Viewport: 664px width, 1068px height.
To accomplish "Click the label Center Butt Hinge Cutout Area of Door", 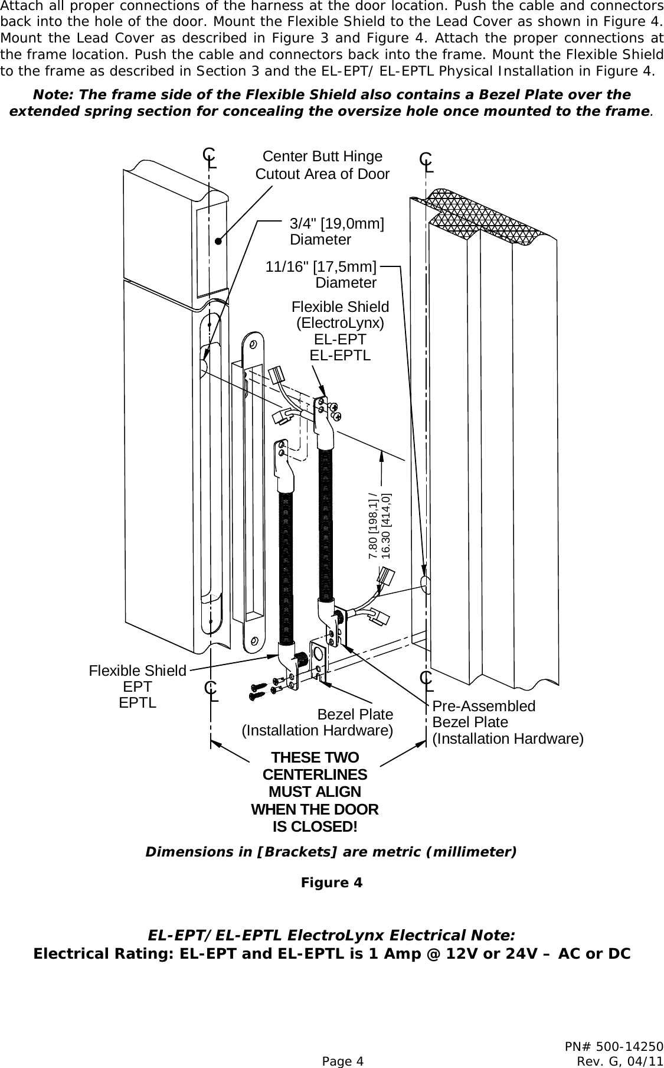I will point(322,165).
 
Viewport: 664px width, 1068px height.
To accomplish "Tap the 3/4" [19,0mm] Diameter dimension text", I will point(336,232).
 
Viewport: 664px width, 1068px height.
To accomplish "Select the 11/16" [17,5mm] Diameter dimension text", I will point(322,275).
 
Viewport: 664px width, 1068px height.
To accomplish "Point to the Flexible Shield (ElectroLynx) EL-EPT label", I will point(341,331).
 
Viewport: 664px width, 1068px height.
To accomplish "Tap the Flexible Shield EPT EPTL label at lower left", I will point(138,687).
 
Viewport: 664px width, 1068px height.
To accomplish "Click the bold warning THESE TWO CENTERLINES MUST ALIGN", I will point(315,792).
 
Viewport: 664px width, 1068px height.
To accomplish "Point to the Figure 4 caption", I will point(332,883).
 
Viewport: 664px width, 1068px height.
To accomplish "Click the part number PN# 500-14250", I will point(614,1046).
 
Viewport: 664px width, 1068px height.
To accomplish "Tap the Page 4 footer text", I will point(342,1061).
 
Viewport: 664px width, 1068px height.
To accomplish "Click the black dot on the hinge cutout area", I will point(218,241).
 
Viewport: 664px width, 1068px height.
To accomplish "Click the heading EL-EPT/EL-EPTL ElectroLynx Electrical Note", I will point(332,936).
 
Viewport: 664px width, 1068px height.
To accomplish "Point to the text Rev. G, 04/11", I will point(620,1061).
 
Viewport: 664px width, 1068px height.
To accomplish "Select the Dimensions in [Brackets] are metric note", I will point(331,852).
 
